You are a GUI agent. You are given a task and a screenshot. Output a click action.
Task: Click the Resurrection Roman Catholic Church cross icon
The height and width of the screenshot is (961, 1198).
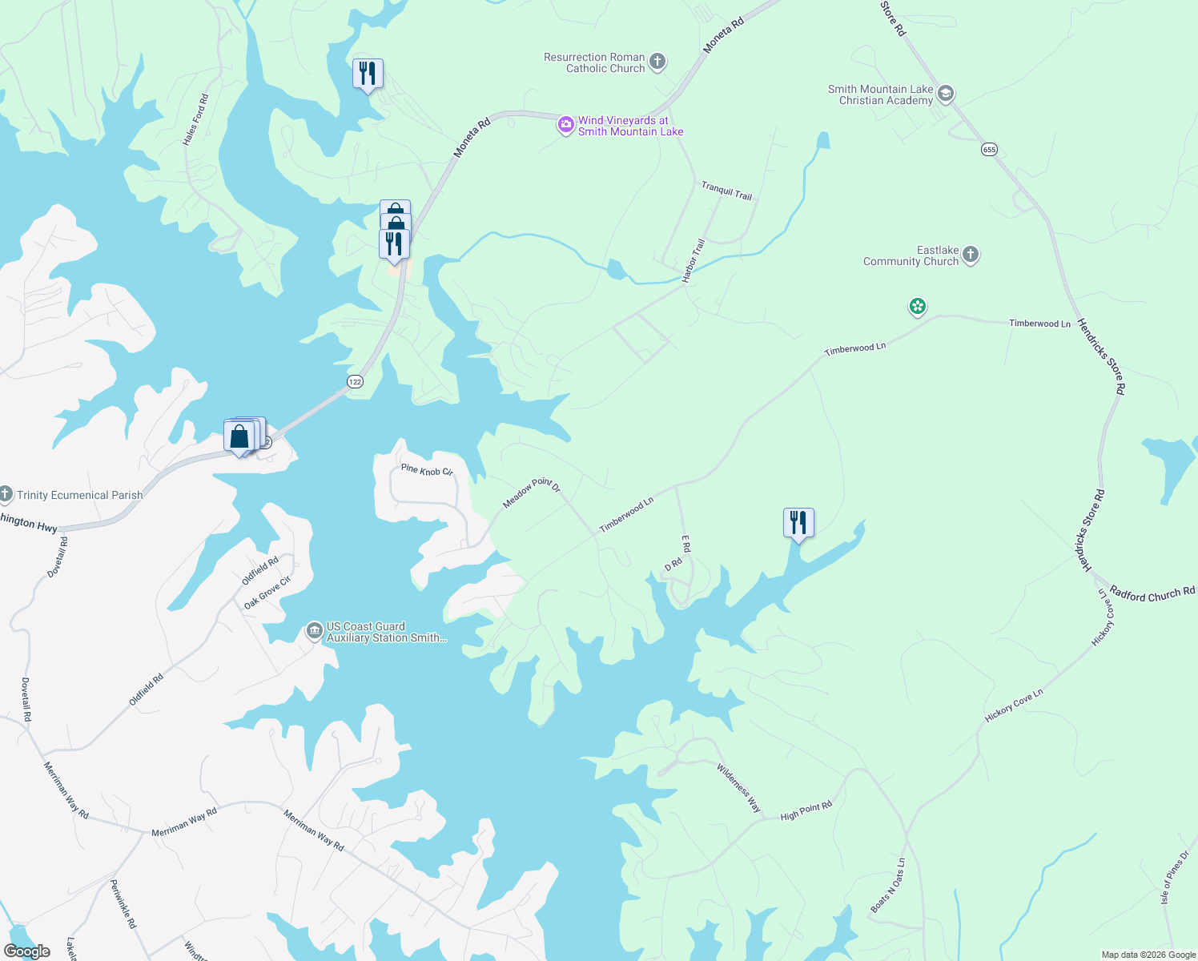pyautogui.click(x=657, y=62)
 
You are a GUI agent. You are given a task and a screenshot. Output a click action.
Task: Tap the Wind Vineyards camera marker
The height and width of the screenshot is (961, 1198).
pyautogui.click(x=565, y=124)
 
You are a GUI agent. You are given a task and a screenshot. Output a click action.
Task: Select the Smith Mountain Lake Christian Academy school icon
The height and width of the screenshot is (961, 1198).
pyautogui.click(x=945, y=94)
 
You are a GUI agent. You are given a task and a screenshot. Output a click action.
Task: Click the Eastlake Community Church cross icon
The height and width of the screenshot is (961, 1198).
pyautogui.click(x=970, y=255)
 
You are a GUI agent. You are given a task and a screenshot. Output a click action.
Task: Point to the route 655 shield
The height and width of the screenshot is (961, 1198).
pyautogui.click(x=989, y=150)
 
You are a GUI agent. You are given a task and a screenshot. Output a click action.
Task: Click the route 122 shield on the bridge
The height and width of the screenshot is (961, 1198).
pyautogui.click(x=356, y=382)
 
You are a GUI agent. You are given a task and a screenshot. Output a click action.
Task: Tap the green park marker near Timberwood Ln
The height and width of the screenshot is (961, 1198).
pyautogui.click(x=918, y=307)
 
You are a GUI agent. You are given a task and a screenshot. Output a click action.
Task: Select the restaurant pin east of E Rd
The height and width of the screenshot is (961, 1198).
pyautogui.click(x=798, y=523)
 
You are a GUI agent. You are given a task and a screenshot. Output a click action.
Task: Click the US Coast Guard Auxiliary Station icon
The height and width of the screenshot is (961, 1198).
pyautogui.click(x=314, y=632)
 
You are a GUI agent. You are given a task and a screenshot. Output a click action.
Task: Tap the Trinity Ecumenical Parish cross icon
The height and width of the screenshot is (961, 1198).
pyautogui.click(x=6, y=494)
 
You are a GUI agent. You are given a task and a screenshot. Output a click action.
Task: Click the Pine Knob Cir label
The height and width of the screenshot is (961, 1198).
pyautogui.click(x=427, y=470)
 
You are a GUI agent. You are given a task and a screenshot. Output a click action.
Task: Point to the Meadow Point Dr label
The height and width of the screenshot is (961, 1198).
pyautogui.click(x=532, y=492)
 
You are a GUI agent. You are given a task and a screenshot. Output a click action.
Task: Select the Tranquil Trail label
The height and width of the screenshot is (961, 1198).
pyautogui.click(x=726, y=191)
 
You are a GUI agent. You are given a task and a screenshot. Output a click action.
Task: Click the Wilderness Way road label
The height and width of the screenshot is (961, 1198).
pyautogui.click(x=738, y=788)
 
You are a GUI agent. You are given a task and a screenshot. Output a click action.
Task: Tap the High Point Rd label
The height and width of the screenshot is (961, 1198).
pyautogui.click(x=806, y=811)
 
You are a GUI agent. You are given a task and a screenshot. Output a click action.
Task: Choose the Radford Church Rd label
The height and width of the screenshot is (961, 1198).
pyautogui.click(x=1152, y=594)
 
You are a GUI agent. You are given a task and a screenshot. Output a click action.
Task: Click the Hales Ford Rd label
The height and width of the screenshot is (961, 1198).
pyautogui.click(x=195, y=119)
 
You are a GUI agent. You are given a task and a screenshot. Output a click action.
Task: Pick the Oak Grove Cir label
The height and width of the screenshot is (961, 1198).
pyautogui.click(x=267, y=593)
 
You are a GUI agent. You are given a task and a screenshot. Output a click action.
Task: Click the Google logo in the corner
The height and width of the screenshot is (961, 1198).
pyautogui.click(x=26, y=951)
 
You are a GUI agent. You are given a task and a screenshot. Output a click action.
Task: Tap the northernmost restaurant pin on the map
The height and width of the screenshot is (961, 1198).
pyautogui.click(x=368, y=74)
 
